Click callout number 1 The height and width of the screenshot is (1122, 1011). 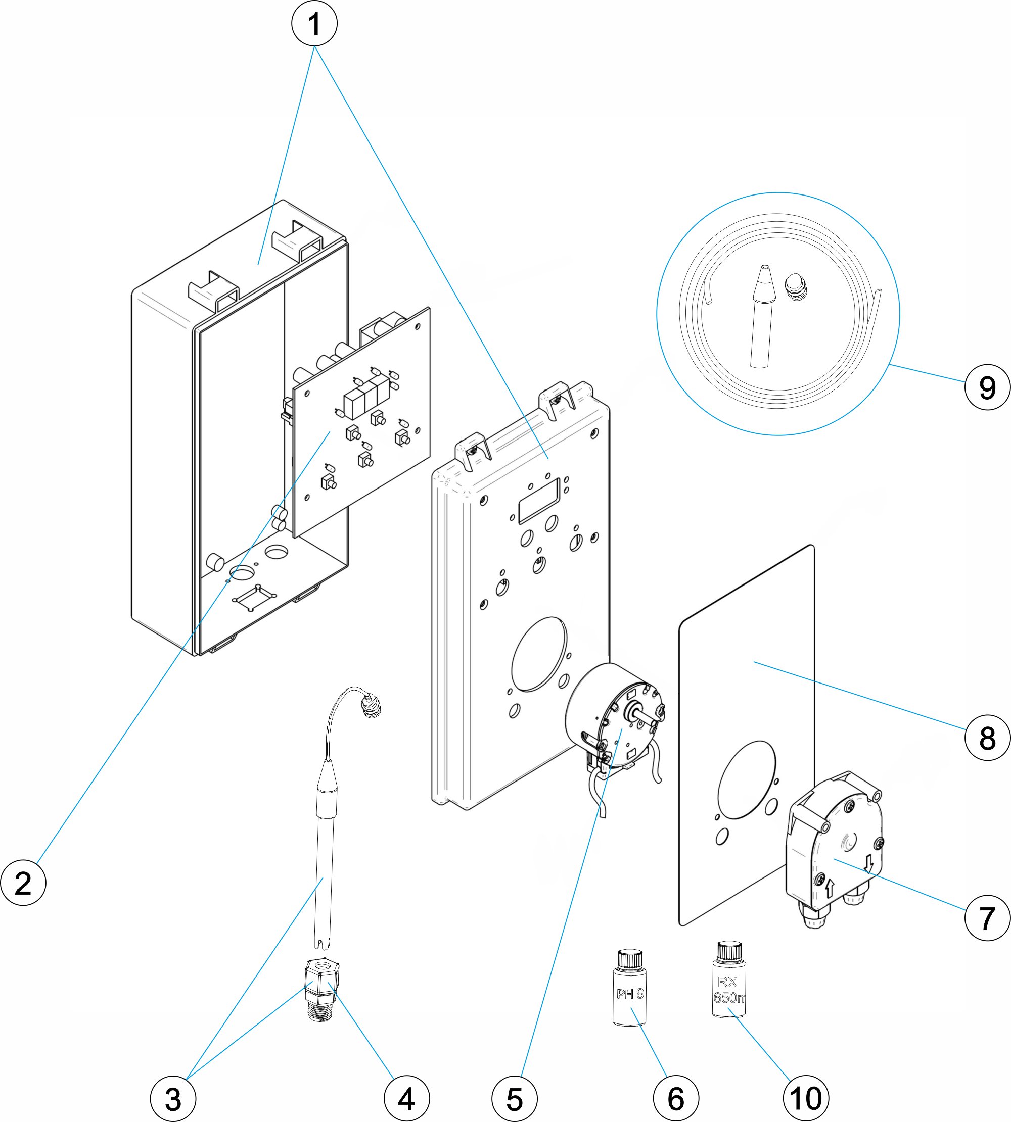coord(314,24)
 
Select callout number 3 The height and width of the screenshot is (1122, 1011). coord(173,1099)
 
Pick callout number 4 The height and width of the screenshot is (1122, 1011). coord(406,1099)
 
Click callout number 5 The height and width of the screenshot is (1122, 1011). coord(515,1099)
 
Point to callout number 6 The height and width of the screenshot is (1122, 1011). coord(675,1099)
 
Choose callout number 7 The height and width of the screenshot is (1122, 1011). coord(987,919)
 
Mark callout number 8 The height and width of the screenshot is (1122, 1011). coord(987,738)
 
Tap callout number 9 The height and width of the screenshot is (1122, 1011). coord(987,387)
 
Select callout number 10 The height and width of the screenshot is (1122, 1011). coord(805,1099)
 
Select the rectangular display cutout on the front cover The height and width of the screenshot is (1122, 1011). coord(538,501)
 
